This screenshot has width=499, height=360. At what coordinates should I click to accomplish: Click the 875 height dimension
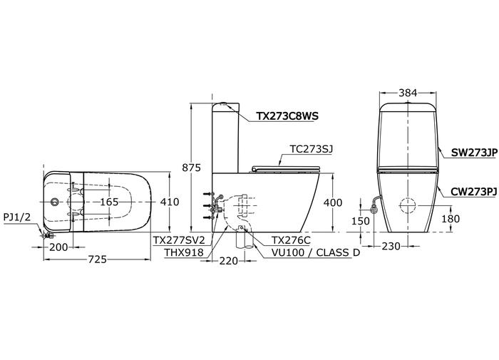tap(191, 168)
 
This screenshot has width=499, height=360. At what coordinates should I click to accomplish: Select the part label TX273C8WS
tap(287, 116)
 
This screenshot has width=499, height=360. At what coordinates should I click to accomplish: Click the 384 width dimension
tap(408, 93)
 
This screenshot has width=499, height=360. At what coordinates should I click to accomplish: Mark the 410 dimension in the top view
tap(170, 202)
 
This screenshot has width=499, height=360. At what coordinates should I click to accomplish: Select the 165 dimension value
tap(109, 202)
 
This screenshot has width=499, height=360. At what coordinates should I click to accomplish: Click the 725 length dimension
tap(97, 259)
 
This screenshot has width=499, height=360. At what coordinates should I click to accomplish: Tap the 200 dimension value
tap(58, 247)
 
